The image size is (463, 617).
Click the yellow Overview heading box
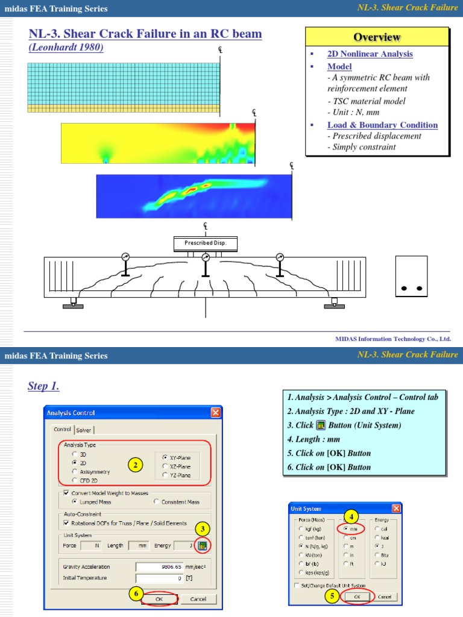click(377, 37)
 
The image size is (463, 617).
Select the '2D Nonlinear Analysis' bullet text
click(370, 54)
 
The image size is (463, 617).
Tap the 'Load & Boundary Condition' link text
click(382, 125)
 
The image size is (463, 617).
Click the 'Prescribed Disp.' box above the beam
click(206, 243)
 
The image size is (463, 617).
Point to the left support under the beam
click(73, 302)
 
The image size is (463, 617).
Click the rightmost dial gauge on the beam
click(280, 257)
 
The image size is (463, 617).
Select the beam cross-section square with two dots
click(412, 277)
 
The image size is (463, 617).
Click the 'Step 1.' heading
click(43, 386)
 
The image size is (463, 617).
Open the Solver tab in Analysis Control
click(84, 430)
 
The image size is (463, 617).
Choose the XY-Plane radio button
click(166, 457)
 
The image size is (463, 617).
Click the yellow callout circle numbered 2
click(137, 465)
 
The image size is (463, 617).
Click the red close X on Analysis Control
click(216, 413)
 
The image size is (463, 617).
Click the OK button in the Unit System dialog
click(357, 596)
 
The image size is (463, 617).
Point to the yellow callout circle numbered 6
click(137, 594)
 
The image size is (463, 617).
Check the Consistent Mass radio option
click(157, 501)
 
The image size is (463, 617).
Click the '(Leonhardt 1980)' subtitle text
click(66, 48)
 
